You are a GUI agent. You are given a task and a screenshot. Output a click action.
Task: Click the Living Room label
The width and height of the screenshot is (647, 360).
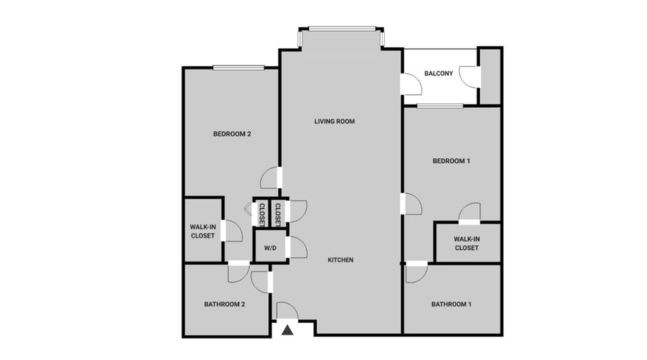pyautogui.click(x=334, y=121)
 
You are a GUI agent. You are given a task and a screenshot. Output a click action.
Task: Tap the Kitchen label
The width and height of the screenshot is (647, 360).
pyautogui.click(x=340, y=260)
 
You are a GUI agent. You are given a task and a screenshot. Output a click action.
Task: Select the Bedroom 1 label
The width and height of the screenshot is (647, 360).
pyautogui.click(x=451, y=160)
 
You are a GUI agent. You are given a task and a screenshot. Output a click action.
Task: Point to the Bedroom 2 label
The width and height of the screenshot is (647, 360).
pyautogui.click(x=232, y=133)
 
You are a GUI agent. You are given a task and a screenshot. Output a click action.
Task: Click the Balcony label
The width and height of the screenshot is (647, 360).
pyautogui.click(x=438, y=73)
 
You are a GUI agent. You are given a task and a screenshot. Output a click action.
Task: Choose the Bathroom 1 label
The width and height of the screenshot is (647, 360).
pyautogui.click(x=451, y=304)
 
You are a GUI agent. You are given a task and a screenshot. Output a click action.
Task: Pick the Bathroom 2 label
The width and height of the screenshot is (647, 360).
pyautogui.click(x=224, y=304)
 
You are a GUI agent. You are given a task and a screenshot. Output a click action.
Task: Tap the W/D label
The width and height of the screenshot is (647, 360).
pyautogui.click(x=270, y=248)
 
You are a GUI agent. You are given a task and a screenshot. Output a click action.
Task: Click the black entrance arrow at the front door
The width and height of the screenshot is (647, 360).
pyautogui.click(x=288, y=330)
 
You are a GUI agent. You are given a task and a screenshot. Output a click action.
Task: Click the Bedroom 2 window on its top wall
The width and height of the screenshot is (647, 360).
pyautogui.click(x=239, y=67)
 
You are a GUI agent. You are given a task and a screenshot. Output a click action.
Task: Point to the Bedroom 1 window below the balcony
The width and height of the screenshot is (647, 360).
pyautogui.click(x=439, y=106)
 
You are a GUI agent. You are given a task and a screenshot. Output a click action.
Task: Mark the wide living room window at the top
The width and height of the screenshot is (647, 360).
pyautogui.click(x=342, y=28)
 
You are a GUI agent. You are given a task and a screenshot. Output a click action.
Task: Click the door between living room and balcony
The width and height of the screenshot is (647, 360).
pyautogui.click(x=410, y=84)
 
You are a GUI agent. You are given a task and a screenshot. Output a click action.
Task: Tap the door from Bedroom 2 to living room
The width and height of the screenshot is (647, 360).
pyautogui.click(x=270, y=179)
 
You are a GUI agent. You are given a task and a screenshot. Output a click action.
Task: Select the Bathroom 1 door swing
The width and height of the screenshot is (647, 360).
pyautogui.click(x=416, y=272)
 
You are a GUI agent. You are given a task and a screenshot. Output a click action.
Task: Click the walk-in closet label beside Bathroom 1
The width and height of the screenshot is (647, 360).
pyautogui.click(x=466, y=243)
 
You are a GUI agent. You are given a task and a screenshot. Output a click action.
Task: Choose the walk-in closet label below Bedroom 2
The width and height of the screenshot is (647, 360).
pyautogui.click(x=202, y=231)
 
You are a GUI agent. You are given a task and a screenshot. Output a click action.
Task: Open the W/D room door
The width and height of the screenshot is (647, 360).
pyautogui.click(x=297, y=247)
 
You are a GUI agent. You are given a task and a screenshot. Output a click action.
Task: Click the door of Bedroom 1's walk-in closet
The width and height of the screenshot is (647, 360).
pyautogui.click(x=469, y=212)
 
